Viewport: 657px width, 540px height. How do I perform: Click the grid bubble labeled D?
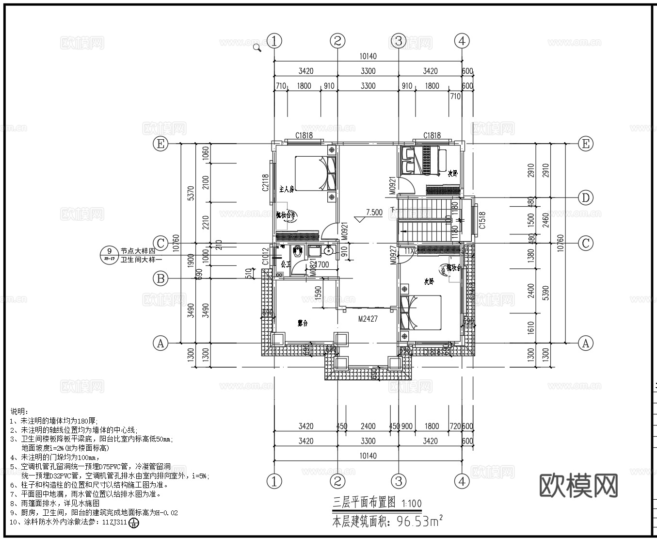(586, 197)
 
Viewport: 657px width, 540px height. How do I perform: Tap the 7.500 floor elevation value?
(374, 213)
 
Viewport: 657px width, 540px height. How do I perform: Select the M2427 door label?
(368, 319)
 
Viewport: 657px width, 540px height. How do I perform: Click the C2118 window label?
(265, 183)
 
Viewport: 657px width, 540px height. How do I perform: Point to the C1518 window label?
(481, 220)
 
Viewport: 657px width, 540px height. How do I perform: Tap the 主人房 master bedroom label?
(287, 189)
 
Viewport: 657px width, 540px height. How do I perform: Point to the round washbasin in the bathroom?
(329, 251)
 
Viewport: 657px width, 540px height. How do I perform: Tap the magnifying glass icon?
(257, 47)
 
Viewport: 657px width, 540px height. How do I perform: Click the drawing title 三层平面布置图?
(364, 502)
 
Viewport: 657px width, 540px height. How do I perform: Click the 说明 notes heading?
(19, 411)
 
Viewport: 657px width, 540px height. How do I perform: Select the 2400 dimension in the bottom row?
(368, 426)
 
